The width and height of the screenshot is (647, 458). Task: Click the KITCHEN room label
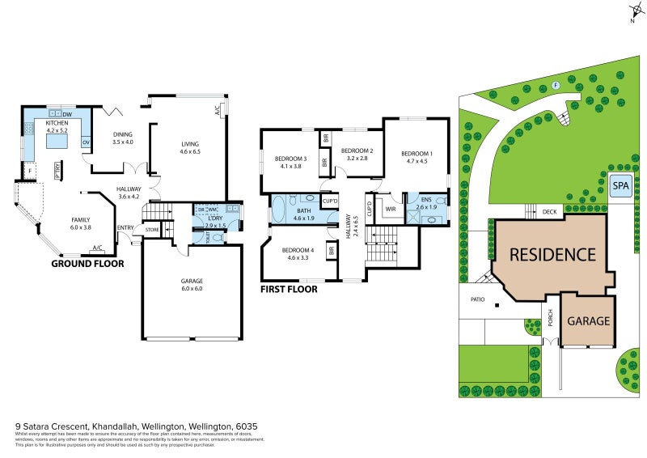[x=57, y=123]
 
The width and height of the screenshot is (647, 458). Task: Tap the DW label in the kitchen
[x=66, y=113]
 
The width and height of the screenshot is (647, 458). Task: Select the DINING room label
[x=122, y=134]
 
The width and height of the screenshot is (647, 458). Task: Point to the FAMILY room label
[x=81, y=219]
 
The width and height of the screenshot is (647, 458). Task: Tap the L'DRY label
[x=214, y=218]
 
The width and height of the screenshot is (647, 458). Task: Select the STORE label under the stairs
[x=152, y=231]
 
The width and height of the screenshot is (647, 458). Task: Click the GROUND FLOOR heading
[x=87, y=263]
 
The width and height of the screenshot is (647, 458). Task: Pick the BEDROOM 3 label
[x=290, y=158]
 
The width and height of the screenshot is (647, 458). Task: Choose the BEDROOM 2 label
[x=357, y=151]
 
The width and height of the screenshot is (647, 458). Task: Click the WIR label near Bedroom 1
[x=389, y=208]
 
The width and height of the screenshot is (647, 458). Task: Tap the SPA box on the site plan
[x=620, y=184]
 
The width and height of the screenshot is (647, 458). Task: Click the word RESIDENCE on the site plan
[x=552, y=254]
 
